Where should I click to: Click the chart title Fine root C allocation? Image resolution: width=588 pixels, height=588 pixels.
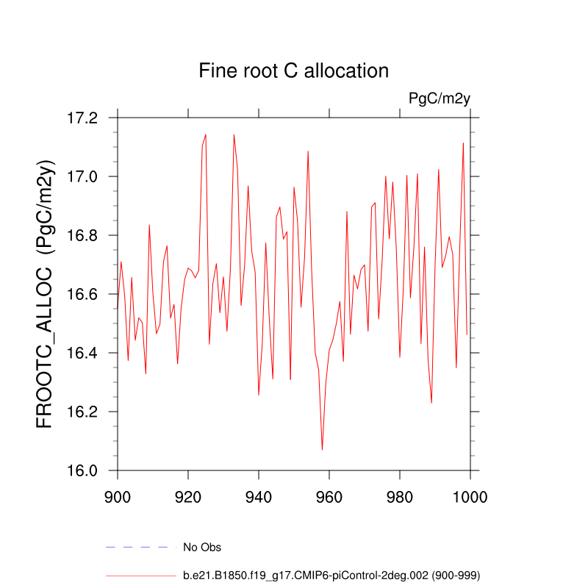coord(293,71)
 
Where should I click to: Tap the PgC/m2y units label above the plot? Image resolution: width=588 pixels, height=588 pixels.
coord(439,99)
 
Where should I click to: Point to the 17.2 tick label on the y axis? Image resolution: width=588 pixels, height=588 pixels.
coord(82,118)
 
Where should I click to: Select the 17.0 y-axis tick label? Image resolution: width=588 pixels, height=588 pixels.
coord(82,176)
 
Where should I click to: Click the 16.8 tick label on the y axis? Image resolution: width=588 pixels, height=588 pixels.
coord(82,235)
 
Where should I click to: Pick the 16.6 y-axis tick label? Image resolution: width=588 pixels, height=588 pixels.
coord(82,294)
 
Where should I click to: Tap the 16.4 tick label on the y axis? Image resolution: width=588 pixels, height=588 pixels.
coord(82,353)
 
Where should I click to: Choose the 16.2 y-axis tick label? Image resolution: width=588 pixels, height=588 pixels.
coord(82,412)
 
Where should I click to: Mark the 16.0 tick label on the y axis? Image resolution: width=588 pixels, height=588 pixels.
coord(82,470)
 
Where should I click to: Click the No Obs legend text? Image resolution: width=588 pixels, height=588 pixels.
coord(202,547)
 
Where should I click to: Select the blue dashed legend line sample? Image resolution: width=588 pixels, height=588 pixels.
coord(141,547)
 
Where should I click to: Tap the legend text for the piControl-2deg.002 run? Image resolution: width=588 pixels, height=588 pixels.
coord(331,575)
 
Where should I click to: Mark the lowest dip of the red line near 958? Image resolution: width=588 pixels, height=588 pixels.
coord(322,449)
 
